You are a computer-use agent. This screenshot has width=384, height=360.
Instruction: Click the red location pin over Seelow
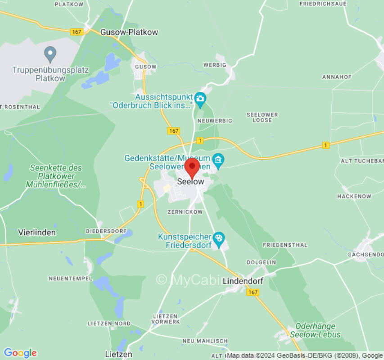[193, 167]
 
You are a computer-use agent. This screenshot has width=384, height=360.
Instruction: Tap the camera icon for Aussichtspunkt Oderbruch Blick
[200, 98]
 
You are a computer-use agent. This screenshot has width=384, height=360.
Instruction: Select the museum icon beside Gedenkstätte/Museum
[219, 159]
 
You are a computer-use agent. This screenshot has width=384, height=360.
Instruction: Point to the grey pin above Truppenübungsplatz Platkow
[50, 55]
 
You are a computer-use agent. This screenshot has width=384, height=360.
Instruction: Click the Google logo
[20, 353]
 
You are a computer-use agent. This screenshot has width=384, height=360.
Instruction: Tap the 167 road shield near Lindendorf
[253, 292]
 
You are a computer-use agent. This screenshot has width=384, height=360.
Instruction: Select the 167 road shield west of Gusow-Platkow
[77, 31]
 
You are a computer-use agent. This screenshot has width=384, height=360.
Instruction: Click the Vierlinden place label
[37, 233]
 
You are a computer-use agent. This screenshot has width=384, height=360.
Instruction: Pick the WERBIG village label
[214, 65]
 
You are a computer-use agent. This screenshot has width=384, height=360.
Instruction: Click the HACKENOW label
[354, 196]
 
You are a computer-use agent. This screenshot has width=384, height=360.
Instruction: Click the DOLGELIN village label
[261, 262]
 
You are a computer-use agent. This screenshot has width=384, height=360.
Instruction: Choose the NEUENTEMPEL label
[70, 279]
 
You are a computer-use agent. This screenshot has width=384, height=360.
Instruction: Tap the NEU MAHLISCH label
[205, 341]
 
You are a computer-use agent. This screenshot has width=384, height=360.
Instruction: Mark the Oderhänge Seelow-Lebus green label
[315, 330]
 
